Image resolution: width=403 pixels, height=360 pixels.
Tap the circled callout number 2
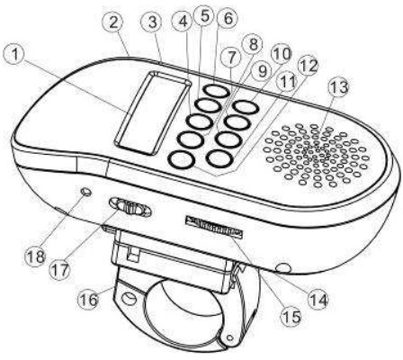pos(113,22)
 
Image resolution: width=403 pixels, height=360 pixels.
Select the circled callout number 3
pos(153,22)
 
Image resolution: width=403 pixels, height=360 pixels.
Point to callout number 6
pos(228,19)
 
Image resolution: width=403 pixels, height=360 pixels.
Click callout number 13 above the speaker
pos(340,87)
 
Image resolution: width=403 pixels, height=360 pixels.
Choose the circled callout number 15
pos(291,316)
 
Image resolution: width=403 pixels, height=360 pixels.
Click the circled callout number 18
pos(36,256)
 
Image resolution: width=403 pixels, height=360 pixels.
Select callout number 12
pos(309,67)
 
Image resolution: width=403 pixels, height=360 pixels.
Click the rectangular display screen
pos(153,113)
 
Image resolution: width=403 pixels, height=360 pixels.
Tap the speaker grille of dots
pos(316,155)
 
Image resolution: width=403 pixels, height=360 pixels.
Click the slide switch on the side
pos(130,207)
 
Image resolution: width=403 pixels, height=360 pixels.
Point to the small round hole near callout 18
pos(86,192)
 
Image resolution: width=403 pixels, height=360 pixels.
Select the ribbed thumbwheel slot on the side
pos(214,227)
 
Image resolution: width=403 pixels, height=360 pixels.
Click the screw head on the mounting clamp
pos(129,299)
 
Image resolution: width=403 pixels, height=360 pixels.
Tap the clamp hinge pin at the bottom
pos(230,337)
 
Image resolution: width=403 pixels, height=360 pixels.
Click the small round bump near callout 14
pos(283,268)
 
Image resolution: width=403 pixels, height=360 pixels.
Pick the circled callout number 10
pos(282,54)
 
